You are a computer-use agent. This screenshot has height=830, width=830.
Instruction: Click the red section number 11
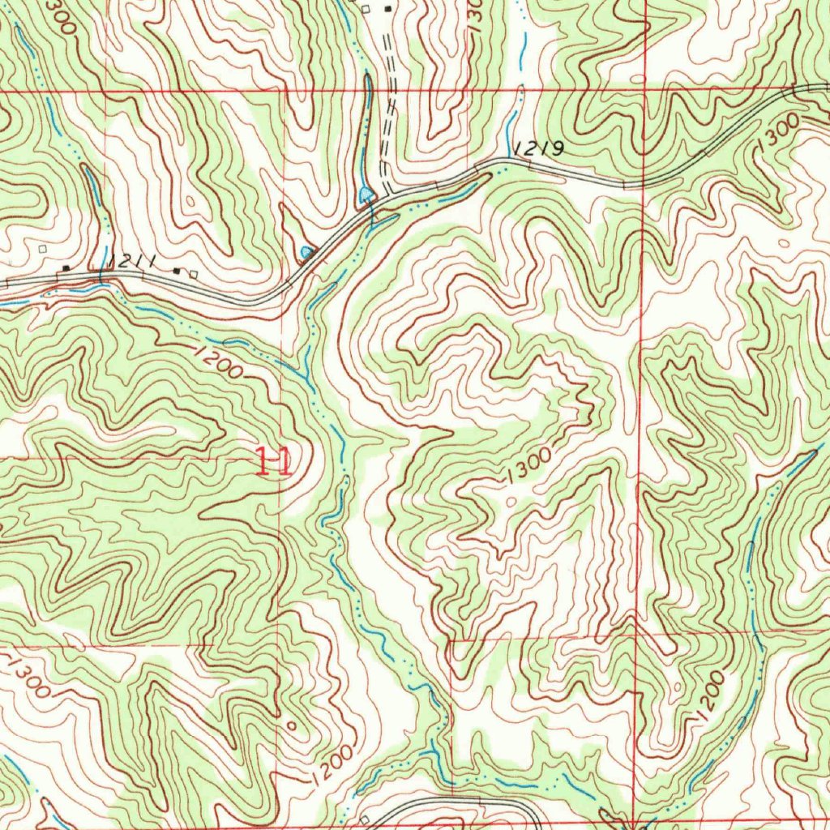coord(273,462)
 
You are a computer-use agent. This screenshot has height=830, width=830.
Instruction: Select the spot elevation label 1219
coord(537,148)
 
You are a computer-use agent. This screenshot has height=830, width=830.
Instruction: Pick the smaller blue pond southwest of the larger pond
coord(306,253)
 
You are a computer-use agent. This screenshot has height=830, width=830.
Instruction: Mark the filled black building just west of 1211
coord(66,268)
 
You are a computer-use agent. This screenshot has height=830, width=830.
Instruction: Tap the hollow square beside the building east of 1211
coord(193,274)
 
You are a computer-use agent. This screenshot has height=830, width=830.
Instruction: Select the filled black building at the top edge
coord(387,9)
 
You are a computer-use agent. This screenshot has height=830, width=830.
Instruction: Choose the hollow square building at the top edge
coord(366,9)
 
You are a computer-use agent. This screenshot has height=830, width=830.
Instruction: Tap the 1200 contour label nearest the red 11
coord(217,361)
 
